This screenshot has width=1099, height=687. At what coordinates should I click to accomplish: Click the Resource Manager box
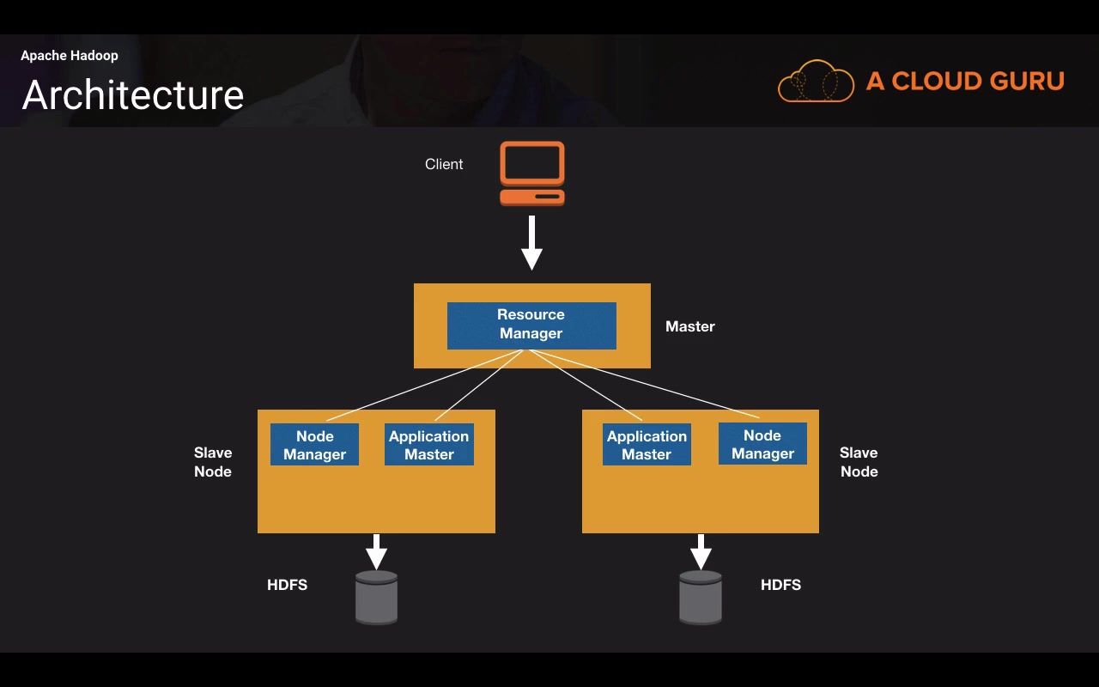[531, 325]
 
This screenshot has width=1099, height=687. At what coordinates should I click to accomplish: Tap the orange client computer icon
[532, 173]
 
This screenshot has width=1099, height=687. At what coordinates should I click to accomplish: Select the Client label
[444, 164]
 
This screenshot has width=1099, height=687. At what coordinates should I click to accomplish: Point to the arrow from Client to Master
[532, 243]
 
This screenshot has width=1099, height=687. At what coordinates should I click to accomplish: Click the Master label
[690, 326]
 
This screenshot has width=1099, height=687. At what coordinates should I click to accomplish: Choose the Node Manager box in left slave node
[314, 445]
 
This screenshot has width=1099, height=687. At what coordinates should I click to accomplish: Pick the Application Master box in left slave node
[429, 445]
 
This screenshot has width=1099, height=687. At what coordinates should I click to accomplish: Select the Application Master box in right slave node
[647, 445]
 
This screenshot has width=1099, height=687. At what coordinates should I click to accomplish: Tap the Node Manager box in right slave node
[762, 444]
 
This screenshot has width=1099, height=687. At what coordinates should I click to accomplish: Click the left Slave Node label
[213, 462]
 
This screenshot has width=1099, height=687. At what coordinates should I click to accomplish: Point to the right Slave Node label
[859, 462]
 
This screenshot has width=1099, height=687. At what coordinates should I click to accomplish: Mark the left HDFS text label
[287, 585]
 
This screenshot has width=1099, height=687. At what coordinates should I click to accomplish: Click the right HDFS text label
[780, 585]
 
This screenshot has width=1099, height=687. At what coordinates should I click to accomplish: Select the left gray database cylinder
[377, 597]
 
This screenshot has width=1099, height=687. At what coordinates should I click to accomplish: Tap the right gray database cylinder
[701, 597]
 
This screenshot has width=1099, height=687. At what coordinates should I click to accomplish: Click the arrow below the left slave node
[376, 551]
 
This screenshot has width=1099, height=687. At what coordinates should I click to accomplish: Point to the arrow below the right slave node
[701, 551]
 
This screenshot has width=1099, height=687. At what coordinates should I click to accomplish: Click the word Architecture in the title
[133, 94]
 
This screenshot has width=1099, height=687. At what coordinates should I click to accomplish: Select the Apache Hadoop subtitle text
[70, 56]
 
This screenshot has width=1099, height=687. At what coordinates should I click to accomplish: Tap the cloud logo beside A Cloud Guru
[816, 82]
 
